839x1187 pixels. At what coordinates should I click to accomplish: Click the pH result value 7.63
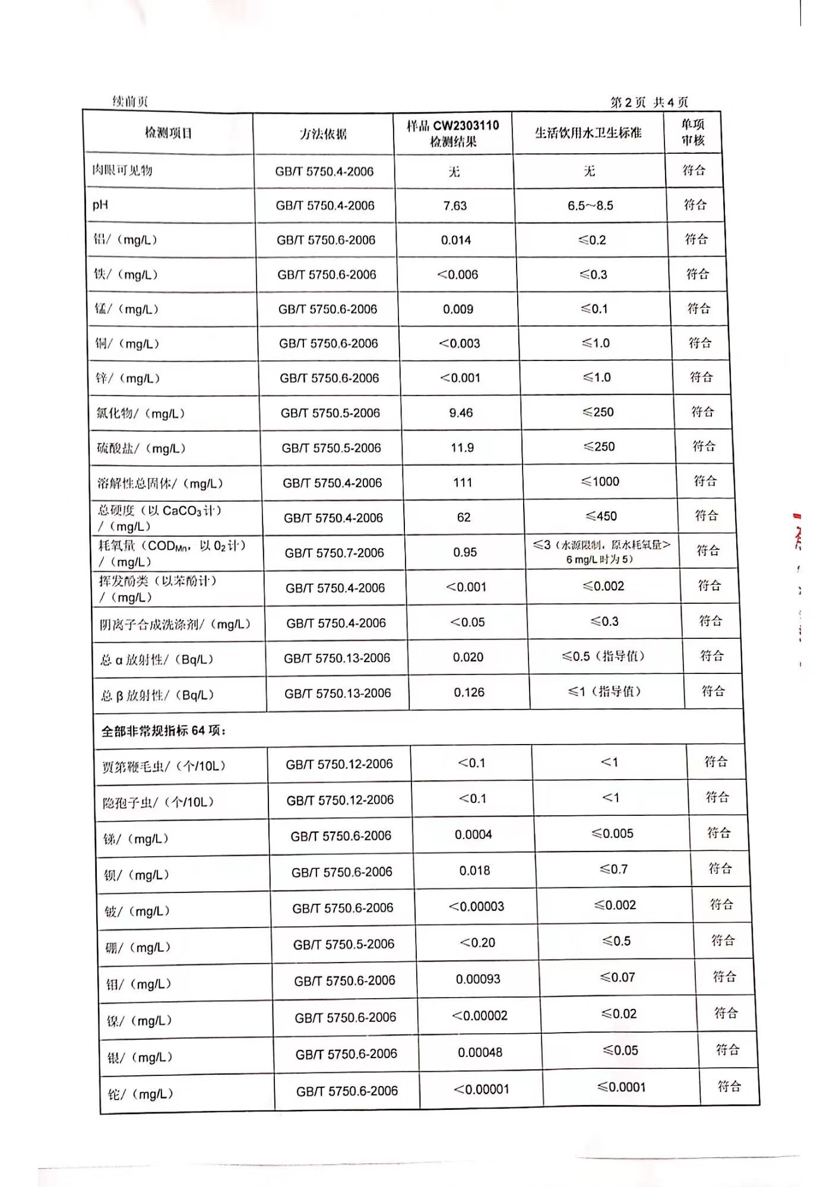[455, 206]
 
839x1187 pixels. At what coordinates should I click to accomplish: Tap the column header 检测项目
[169, 133]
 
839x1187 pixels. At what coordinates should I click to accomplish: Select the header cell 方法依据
[323, 134]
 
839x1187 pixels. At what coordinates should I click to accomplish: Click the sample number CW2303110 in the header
[466, 125]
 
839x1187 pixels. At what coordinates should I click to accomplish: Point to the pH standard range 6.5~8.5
[590, 206]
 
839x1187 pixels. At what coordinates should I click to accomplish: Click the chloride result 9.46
[461, 413]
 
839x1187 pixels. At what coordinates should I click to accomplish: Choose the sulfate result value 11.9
[462, 448]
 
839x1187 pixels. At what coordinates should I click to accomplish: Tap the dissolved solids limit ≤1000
[600, 482]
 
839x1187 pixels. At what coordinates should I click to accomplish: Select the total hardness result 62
[464, 517]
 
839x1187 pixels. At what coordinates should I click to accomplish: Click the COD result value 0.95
[465, 552]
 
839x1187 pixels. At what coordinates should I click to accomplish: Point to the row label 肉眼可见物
[122, 171]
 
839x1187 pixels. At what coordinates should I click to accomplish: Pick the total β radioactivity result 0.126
[469, 692]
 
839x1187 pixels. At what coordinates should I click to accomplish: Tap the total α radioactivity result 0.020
[468, 657]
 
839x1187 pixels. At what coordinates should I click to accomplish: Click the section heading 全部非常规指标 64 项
[163, 731]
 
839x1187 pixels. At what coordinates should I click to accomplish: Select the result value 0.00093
[478, 979]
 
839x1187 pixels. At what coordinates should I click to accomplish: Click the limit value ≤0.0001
[621, 1087]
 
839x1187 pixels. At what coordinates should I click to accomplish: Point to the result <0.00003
[476, 907]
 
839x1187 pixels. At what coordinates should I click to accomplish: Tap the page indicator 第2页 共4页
[649, 102]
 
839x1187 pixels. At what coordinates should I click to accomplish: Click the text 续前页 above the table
[130, 102]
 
